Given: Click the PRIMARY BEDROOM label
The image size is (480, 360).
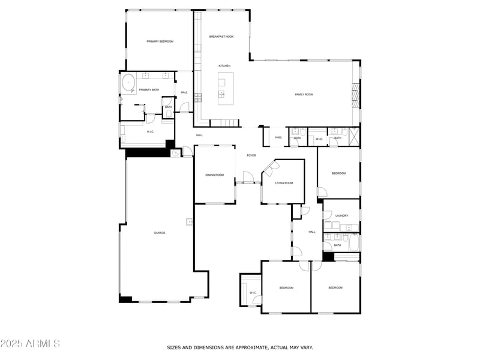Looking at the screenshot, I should point(160,41).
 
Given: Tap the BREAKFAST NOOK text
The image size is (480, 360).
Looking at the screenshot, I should point(221,37).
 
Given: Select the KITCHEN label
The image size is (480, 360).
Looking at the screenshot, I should point(224,66).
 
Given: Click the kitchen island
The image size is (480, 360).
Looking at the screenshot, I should point(226,88).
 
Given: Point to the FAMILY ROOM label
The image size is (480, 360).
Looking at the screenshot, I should point(304,94).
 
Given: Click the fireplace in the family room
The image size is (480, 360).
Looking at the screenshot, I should point(355,95).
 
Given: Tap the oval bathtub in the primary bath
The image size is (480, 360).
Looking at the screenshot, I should point(128,83).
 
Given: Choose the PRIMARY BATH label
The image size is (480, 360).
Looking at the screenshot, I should point(149,90).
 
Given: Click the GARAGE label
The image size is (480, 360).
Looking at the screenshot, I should point(159,233).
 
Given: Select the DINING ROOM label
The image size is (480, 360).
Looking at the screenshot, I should point(214,175).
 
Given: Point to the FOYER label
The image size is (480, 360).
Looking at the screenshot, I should point(251,155).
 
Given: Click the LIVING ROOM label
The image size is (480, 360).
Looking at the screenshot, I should point(284,183).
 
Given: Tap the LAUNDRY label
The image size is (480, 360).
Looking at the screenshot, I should point(342,215).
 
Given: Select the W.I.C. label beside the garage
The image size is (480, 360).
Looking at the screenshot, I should point(151,131).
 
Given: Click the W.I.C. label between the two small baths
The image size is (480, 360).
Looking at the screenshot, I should point(319,139).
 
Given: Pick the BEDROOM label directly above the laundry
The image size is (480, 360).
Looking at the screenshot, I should point(338,173).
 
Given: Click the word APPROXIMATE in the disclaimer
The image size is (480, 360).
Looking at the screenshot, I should point(241,347).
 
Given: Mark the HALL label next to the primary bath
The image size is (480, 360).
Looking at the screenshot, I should point(184,92).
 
